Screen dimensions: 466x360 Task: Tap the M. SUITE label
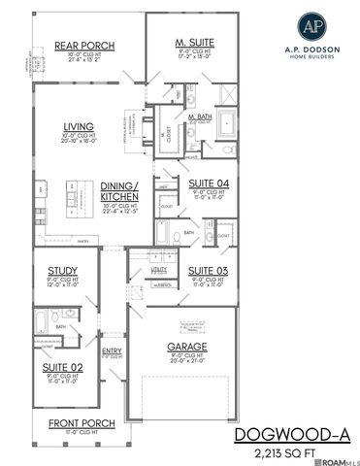pos(194,43)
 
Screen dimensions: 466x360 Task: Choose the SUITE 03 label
pos(207,269)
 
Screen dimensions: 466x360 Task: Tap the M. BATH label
pos(201,117)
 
